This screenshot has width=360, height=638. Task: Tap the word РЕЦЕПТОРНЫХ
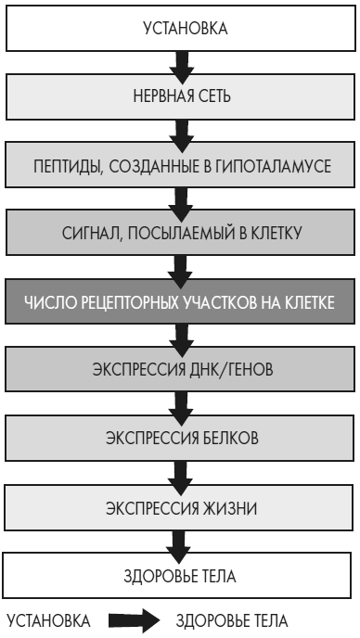140,302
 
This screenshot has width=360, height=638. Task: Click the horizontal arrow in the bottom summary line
128,619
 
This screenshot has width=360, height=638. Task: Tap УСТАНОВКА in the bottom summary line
48,619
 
